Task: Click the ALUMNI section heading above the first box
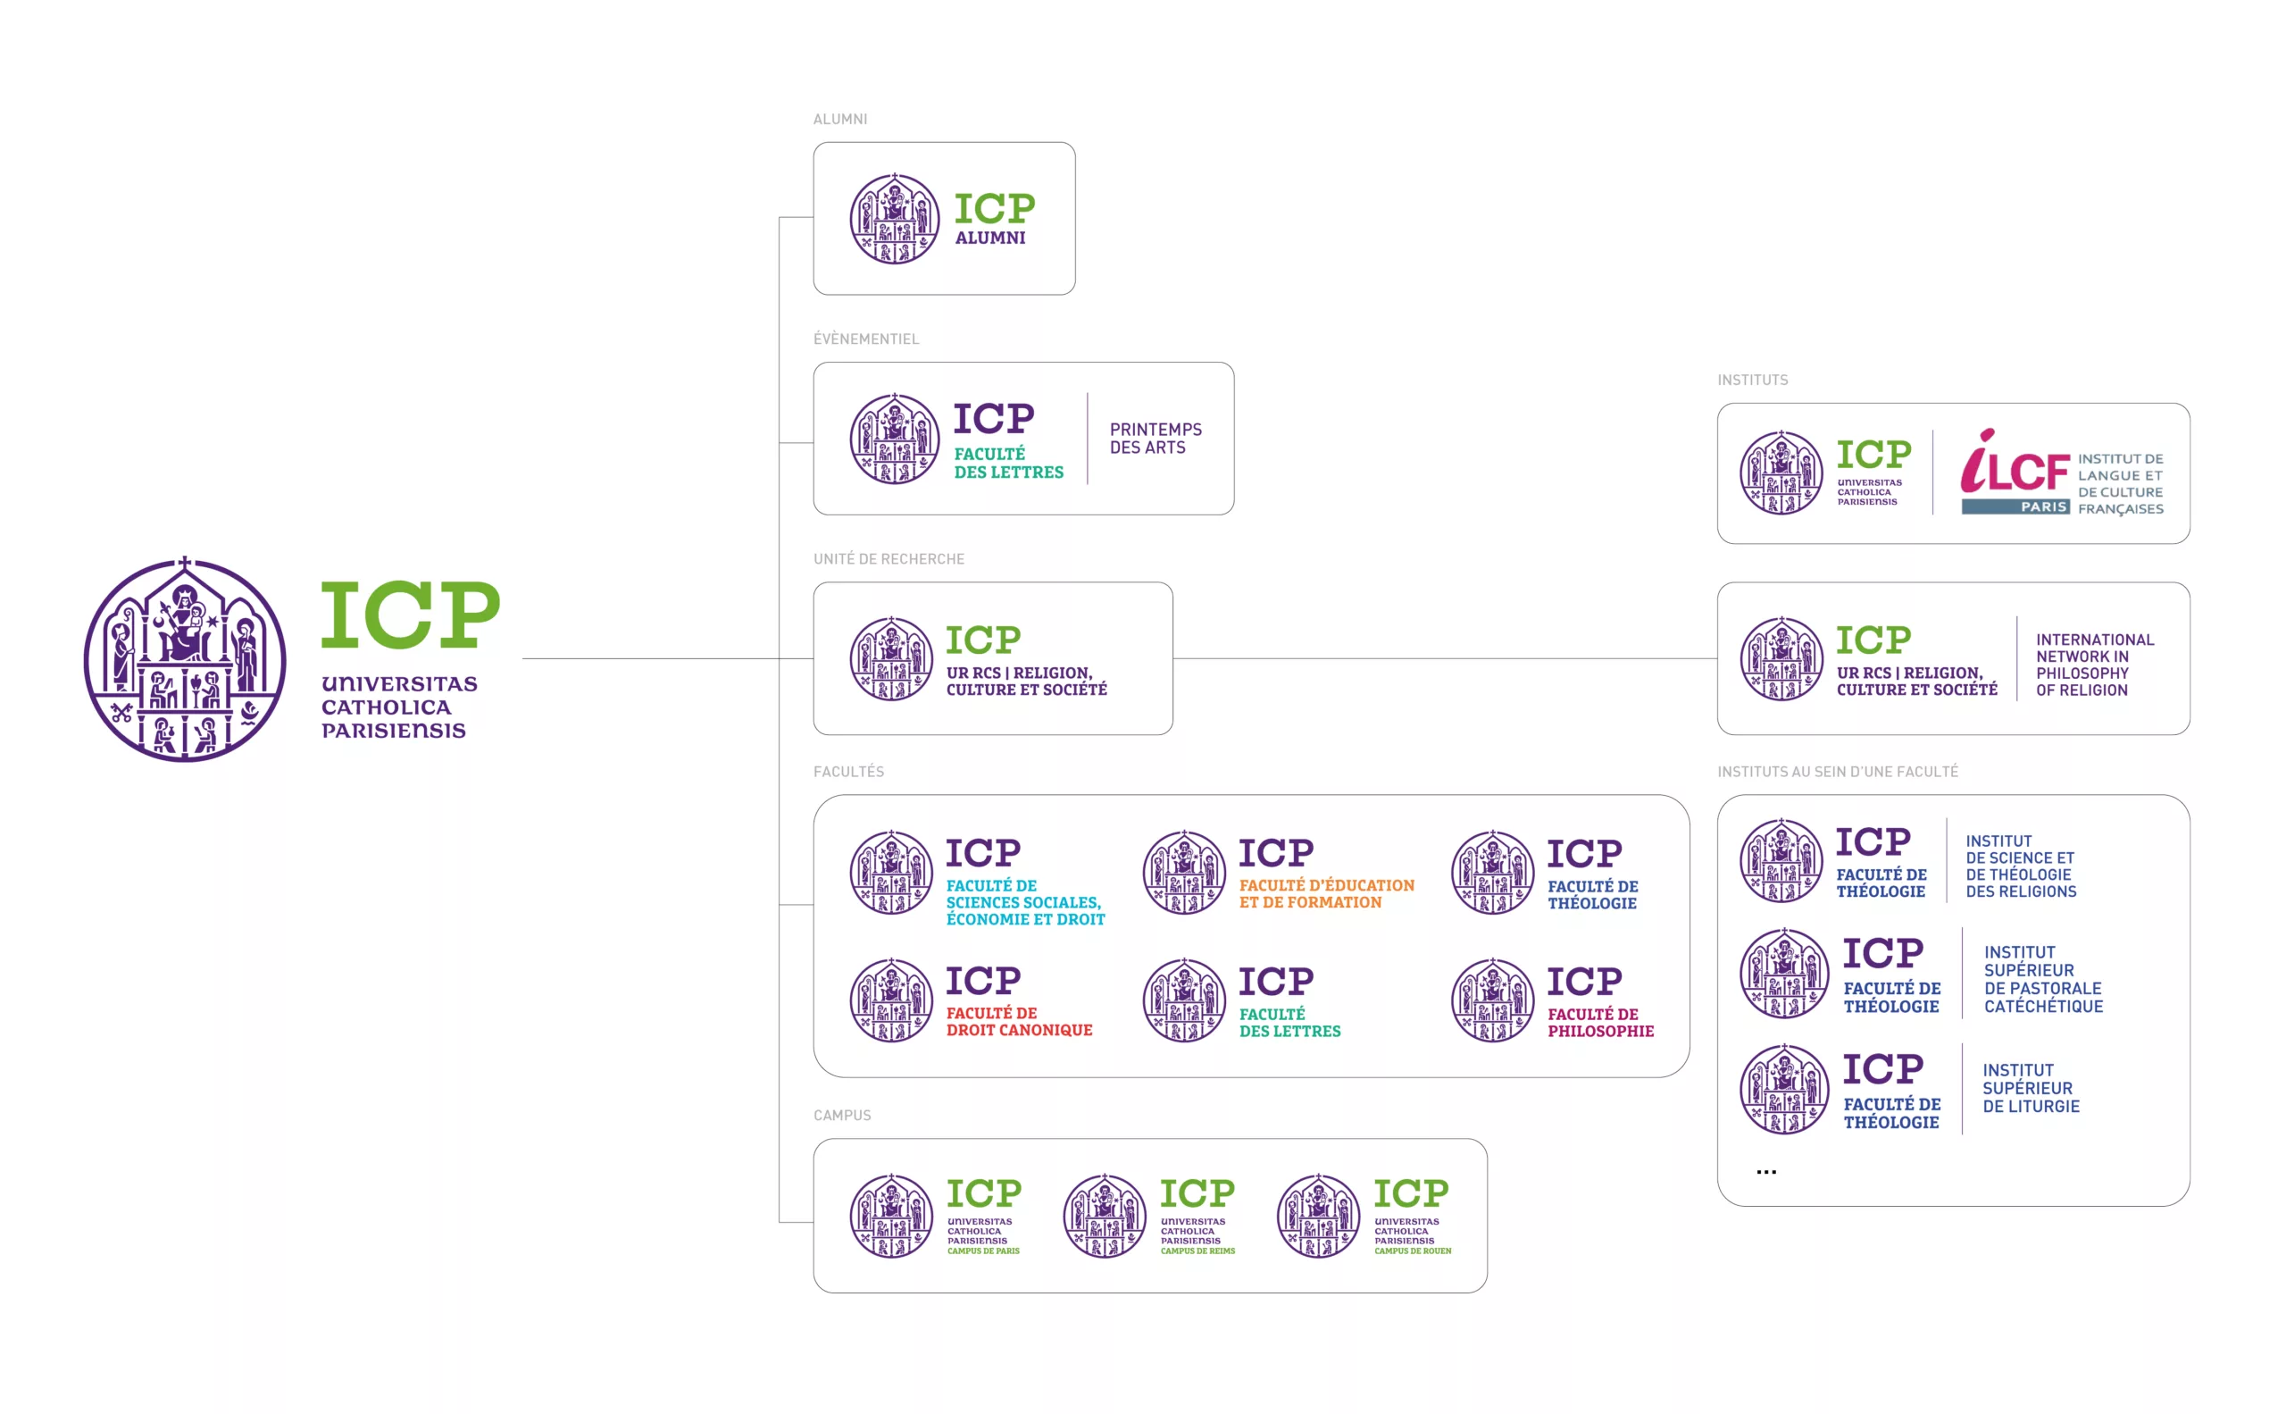pyautogui.click(x=839, y=119)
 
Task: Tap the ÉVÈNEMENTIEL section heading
pyautogui.click(x=866, y=339)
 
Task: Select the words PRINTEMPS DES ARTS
pyautogui.click(x=1156, y=438)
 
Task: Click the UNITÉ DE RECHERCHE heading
pyautogui.click(x=889, y=558)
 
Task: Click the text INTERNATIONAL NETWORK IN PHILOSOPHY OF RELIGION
pyautogui.click(x=2094, y=664)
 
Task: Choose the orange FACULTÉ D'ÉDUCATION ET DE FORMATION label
pyautogui.click(x=1326, y=893)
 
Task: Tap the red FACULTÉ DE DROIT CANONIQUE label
pyautogui.click(x=1018, y=1021)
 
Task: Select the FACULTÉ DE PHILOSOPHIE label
pyautogui.click(x=1599, y=1022)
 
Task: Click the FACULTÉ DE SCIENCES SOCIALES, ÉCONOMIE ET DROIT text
pyautogui.click(x=1025, y=901)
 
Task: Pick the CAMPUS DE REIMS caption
pyautogui.click(x=1197, y=1251)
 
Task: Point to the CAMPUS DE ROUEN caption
pyautogui.click(x=1412, y=1251)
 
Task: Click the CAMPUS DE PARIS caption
pyautogui.click(x=982, y=1251)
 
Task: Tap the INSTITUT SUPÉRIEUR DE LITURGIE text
pyautogui.click(x=2031, y=1088)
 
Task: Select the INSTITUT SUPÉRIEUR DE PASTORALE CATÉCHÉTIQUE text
pyautogui.click(x=2043, y=979)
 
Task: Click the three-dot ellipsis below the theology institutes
pyautogui.click(x=1765, y=1172)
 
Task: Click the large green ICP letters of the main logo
pyautogui.click(x=410, y=614)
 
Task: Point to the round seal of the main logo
pyautogui.click(x=184, y=659)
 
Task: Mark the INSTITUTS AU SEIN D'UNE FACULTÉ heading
pyautogui.click(x=1837, y=772)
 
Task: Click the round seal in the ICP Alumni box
pyautogui.click(x=894, y=219)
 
